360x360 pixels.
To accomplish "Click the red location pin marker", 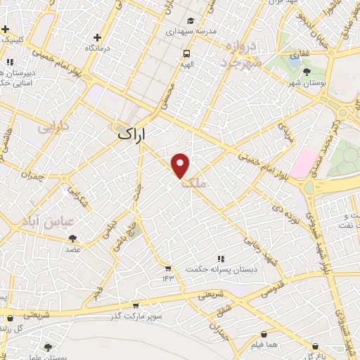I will pos(181,166).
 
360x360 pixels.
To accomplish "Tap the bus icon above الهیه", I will pos(186,53).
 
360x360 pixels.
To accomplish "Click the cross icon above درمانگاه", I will pos(98,37).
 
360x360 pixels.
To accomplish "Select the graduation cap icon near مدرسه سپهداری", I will pos(192,21).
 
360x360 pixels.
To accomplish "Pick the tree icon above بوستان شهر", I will pos(307,71).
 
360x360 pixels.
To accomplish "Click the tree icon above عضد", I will pos(72,239).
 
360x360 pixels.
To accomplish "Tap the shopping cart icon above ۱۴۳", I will pos(167,268).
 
